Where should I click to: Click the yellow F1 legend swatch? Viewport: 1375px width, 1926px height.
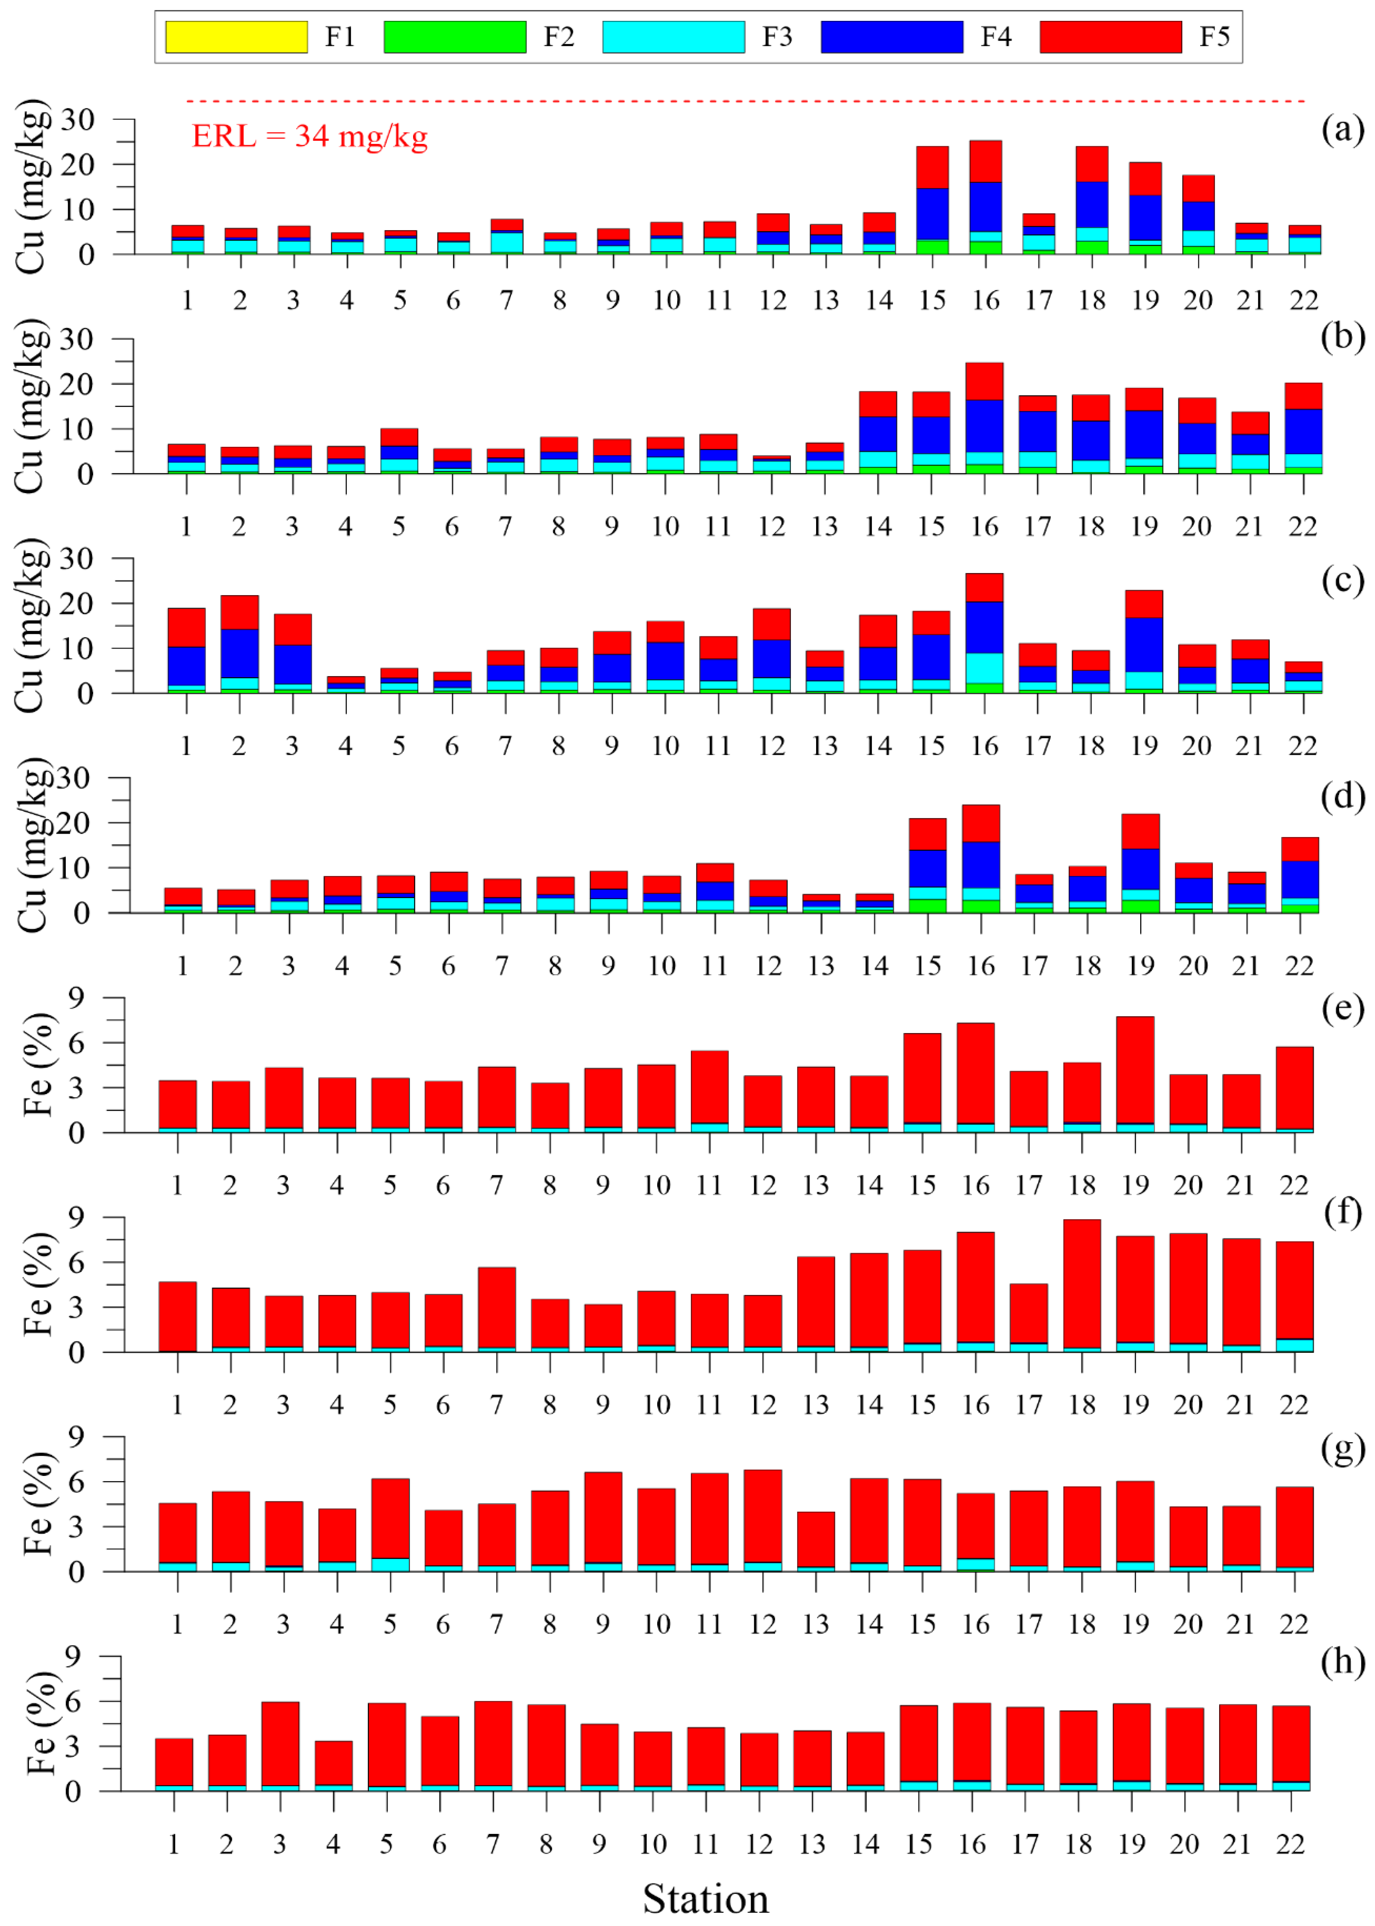(x=236, y=36)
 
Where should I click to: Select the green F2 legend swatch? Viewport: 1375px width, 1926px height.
(x=455, y=36)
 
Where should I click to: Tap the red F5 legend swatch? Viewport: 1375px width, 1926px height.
(x=1111, y=36)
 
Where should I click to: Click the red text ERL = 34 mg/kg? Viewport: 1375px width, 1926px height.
(x=310, y=135)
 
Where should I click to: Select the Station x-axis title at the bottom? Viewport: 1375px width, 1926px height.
(x=705, y=1898)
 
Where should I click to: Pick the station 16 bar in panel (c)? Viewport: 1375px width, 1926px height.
(x=985, y=633)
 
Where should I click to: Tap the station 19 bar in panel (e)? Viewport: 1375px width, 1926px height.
(x=1136, y=1074)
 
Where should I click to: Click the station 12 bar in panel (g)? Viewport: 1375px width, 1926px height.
(x=763, y=1520)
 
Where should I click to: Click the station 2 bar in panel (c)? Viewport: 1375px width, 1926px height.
(x=239, y=644)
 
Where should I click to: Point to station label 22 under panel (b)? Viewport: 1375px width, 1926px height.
(x=1303, y=527)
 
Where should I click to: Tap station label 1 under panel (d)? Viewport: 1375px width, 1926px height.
(x=182, y=966)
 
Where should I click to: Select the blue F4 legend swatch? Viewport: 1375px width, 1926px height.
(x=892, y=36)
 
